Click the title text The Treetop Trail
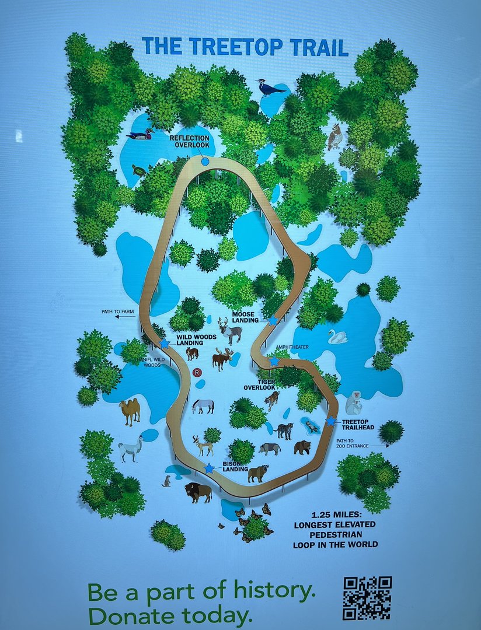[245, 47]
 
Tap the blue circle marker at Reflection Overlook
[205, 161]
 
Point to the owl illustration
[334, 136]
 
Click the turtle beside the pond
[138, 171]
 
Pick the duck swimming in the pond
[140, 135]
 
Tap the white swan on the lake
[337, 337]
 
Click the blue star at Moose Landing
[273, 320]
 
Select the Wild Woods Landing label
[197, 339]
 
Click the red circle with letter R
[197, 372]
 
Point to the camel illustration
[130, 411]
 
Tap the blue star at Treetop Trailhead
[331, 421]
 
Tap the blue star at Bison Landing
[209, 468]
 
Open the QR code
[367, 598]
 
